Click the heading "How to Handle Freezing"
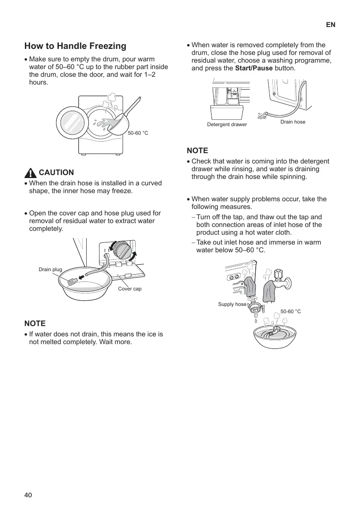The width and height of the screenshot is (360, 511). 75,46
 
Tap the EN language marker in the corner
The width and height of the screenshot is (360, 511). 330,25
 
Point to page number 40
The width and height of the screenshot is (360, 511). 28,495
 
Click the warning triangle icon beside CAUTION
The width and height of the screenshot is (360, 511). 30,173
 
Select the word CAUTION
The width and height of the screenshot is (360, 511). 56,172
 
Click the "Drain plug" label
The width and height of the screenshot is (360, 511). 50,269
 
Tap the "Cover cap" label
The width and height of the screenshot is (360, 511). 130,289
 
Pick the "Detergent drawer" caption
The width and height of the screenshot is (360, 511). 227,124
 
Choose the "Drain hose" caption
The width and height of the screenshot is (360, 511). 293,122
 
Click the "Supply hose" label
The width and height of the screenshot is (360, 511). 232,304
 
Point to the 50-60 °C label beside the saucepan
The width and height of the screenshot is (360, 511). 138,133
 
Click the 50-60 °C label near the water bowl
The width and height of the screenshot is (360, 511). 290,311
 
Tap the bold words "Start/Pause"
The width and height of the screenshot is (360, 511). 254,68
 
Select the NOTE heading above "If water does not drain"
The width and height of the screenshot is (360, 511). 35,323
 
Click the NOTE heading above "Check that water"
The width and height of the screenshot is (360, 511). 197,151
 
